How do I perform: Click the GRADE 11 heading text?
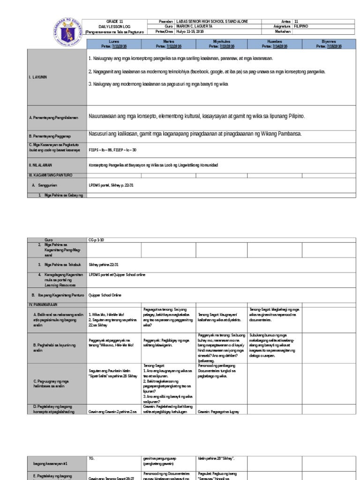113,22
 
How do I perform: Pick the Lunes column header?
114,42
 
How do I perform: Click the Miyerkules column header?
221,42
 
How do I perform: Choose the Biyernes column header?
329,42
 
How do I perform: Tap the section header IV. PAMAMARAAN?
46,305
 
